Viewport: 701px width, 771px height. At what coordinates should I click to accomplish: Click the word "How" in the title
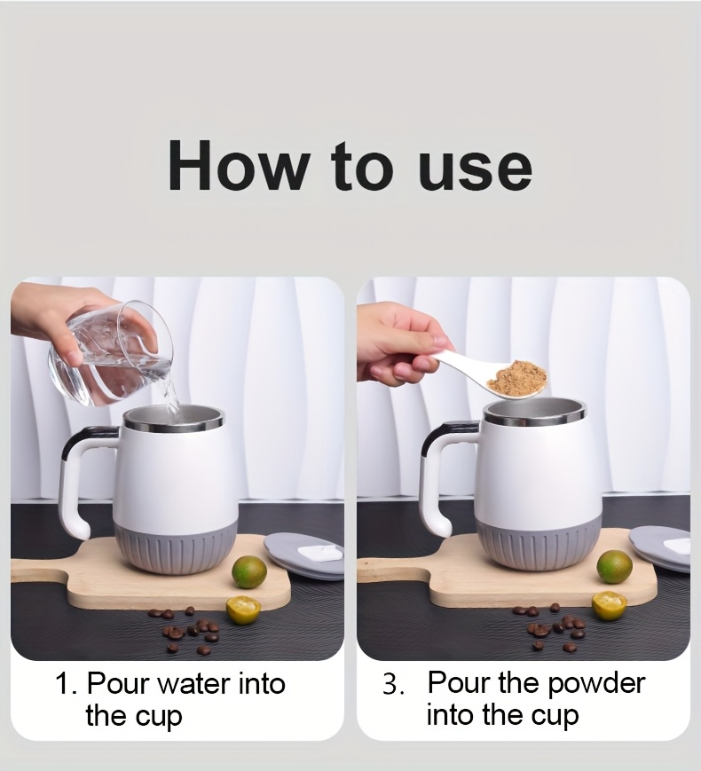tap(237, 165)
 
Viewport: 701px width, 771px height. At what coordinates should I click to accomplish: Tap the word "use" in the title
tap(476, 170)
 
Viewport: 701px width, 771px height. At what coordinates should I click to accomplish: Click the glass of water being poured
tap(109, 355)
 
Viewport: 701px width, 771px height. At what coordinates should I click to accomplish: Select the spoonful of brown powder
tap(516, 380)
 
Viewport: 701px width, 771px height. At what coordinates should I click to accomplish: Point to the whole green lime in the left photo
tap(249, 572)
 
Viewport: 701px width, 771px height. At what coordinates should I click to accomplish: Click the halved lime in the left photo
tap(243, 610)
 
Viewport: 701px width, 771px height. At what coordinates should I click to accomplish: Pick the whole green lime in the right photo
tap(614, 567)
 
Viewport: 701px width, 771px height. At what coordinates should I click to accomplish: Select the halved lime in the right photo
tap(609, 606)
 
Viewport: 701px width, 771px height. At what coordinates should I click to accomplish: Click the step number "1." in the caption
tap(66, 684)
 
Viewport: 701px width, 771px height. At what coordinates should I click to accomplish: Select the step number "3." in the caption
tap(394, 684)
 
